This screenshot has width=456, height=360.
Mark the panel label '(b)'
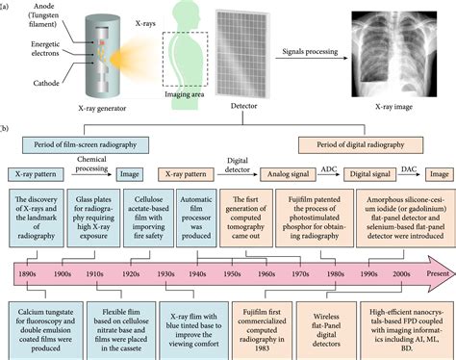(x=9, y=126)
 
